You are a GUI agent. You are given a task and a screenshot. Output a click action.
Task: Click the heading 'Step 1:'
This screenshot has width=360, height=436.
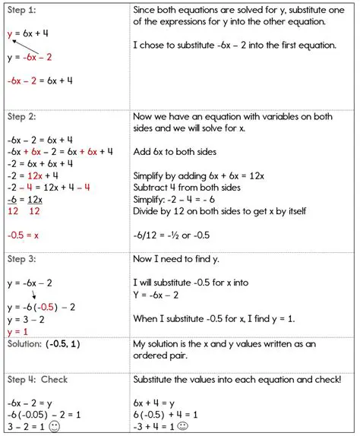(23, 11)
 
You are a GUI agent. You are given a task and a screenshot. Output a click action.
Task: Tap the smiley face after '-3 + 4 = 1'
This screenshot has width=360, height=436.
(185, 427)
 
